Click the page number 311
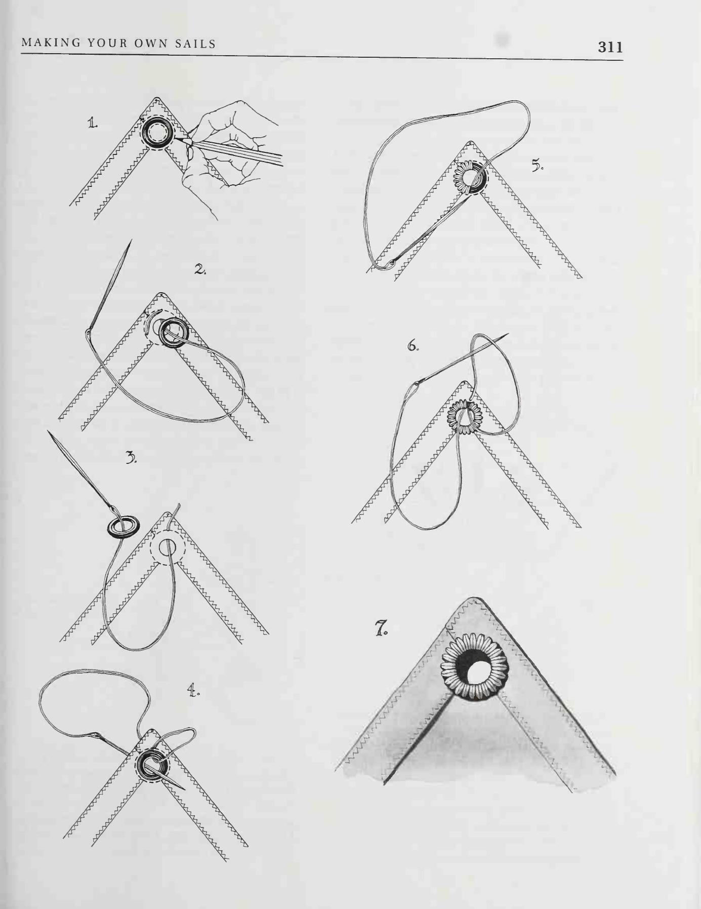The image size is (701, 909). pos(610,47)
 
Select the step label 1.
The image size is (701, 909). pos(93,123)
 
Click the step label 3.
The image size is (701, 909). pos(131,458)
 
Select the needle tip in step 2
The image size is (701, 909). pos(131,241)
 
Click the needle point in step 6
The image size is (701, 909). pos(508,334)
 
